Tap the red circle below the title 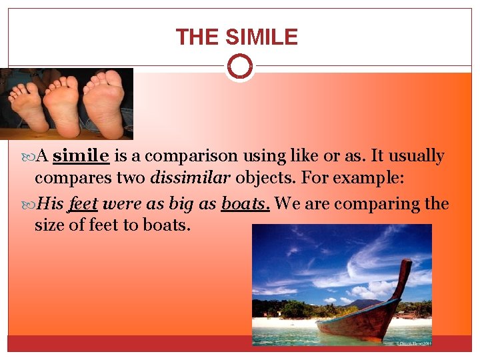[x=239, y=67]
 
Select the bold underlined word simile [x=81, y=156]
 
